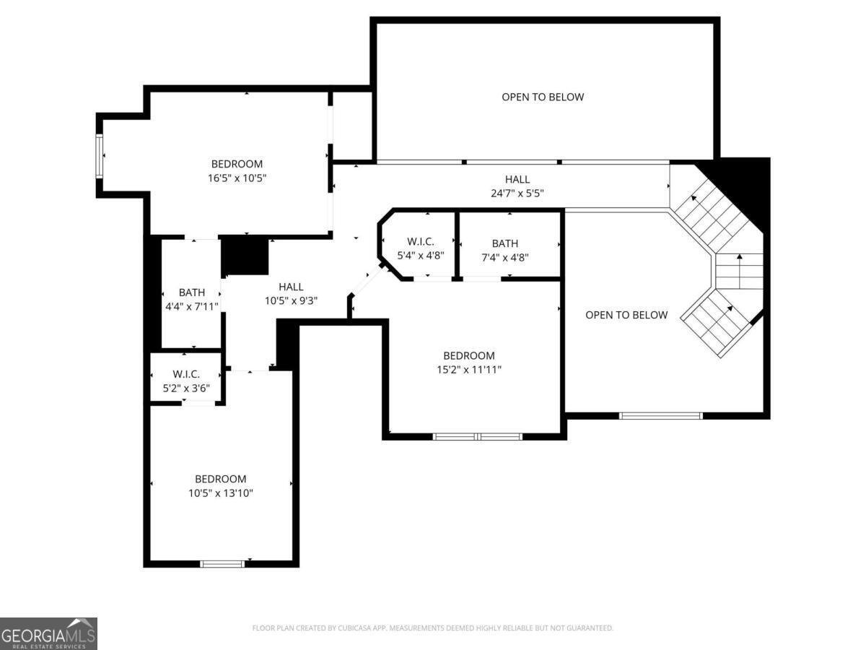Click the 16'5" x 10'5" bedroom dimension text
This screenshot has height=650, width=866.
pyautogui.click(x=237, y=177)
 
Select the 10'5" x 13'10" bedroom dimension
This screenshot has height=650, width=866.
pyautogui.click(x=220, y=493)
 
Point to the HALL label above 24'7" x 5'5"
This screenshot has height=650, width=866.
pyautogui.click(x=517, y=180)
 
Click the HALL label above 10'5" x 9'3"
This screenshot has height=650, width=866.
pyautogui.click(x=291, y=287)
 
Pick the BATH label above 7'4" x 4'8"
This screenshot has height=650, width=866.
pyautogui.click(x=504, y=243)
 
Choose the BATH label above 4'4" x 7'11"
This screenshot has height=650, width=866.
pyautogui.click(x=191, y=292)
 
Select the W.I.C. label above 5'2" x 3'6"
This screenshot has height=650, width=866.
pyautogui.click(x=185, y=373)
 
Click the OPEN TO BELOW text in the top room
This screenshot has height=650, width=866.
pyautogui.click(x=543, y=97)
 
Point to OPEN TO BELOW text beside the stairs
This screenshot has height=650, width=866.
pyautogui.click(x=626, y=315)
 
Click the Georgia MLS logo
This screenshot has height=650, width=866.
pyautogui.click(x=48, y=633)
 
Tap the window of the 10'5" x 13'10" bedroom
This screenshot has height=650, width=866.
pyautogui.click(x=222, y=563)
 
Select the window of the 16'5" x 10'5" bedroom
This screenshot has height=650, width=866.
pyautogui.click(x=100, y=155)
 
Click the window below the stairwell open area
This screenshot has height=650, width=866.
pyautogui.click(x=660, y=415)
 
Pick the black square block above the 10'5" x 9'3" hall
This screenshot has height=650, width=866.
pyautogui.click(x=245, y=256)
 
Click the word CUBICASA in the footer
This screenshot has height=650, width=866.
pyautogui.click(x=358, y=628)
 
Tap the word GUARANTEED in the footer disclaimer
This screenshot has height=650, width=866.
pyautogui.click(x=587, y=628)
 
